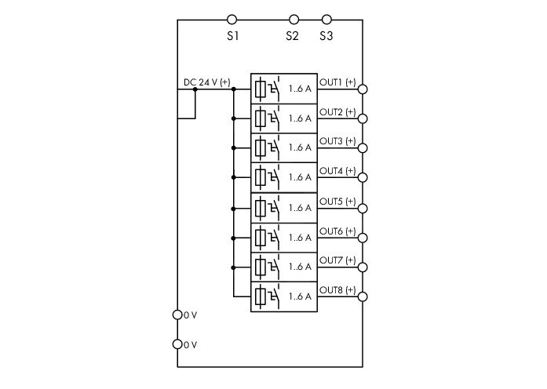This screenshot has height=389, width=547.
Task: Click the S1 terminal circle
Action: click(x=232, y=20)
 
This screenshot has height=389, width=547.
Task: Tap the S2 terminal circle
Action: click(x=294, y=20)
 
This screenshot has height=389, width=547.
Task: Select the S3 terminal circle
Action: click(x=326, y=20)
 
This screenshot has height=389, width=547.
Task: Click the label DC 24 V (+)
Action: click(x=207, y=82)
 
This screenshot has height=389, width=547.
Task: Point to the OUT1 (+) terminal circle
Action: click(x=363, y=89)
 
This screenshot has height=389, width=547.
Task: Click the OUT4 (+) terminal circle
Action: click(x=363, y=177)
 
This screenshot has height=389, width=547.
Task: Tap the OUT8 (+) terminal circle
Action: click(x=363, y=297)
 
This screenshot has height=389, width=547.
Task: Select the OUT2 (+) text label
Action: click(x=337, y=112)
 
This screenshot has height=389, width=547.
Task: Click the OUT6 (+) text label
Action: click(x=337, y=231)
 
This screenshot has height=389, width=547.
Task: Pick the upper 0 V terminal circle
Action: click(x=177, y=314)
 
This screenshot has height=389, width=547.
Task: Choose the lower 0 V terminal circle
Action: click(x=177, y=344)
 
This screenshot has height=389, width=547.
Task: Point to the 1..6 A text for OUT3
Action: click(x=300, y=147)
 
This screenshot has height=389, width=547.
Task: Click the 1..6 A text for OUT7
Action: click(x=300, y=267)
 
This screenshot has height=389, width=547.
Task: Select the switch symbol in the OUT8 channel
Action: click(x=274, y=297)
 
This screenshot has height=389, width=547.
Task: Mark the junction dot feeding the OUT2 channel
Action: click(x=234, y=119)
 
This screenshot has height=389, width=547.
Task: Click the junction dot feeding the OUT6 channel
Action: click(x=234, y=238)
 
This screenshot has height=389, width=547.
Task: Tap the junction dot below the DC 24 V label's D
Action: click(x=195, y=89)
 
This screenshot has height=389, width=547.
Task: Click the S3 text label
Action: click(x=326, y=36)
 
